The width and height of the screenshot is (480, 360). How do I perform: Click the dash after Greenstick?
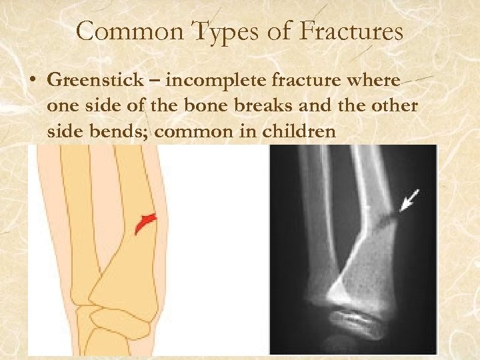(x=157, y=81)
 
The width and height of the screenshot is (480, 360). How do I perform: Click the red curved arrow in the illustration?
(x=146, y=223)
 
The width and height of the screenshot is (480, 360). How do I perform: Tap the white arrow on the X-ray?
(x=409, y=199)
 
